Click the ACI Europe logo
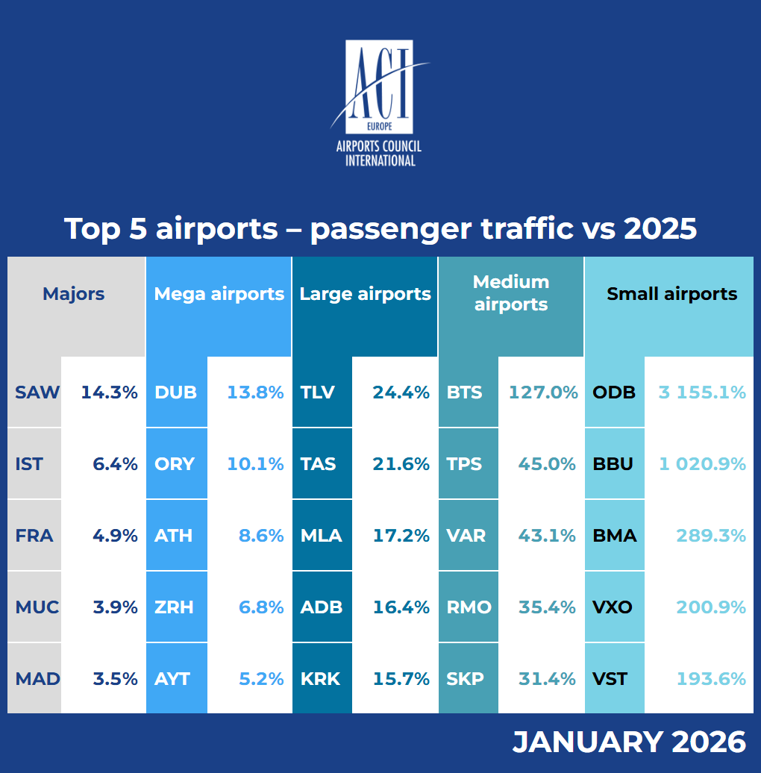380,103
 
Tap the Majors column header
73,294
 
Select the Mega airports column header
219,294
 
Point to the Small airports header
671,294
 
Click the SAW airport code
37,392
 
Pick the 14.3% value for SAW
110,392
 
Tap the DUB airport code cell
176,392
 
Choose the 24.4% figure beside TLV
401,392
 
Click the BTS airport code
465,392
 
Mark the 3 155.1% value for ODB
702,392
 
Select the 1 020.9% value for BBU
702,464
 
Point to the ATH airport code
174,536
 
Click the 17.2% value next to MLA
401,536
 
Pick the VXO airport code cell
613,607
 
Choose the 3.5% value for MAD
116,679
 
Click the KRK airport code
320,679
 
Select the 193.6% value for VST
711,679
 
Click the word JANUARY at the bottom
587,742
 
